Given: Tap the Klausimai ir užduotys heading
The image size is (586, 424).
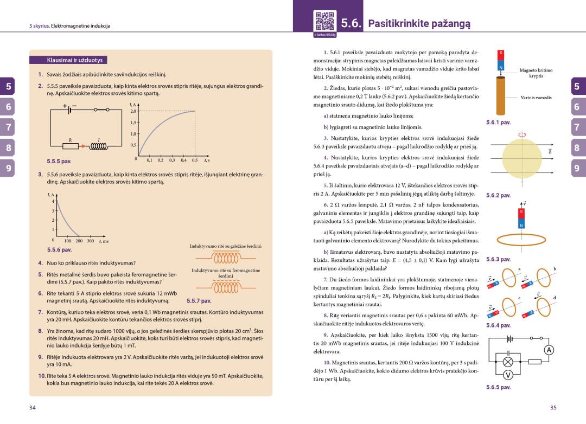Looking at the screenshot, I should [x=69, y=60].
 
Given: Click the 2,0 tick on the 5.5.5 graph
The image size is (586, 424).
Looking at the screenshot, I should [x=133, y=111].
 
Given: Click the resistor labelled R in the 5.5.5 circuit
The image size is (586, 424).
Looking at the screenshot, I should [x=70, y=146].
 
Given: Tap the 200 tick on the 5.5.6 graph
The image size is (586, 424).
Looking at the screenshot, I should [x=79, y=241].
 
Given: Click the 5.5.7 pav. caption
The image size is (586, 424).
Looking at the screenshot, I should [x=198, y=300].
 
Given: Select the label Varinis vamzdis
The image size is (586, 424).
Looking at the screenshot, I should [x=536, y=98].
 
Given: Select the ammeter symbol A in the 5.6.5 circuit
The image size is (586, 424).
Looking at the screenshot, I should [x=550, y=350].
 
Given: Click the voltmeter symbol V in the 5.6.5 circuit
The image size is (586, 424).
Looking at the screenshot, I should [x=508, y=376].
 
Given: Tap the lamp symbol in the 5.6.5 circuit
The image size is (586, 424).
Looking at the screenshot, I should [x=508, y=362].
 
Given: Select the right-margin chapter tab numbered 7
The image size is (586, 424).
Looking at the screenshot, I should [x=577, y=127].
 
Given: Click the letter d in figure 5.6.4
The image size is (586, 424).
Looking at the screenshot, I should [x=554, y=298].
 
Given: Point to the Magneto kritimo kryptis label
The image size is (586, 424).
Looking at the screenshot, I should [x=536, y=73].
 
